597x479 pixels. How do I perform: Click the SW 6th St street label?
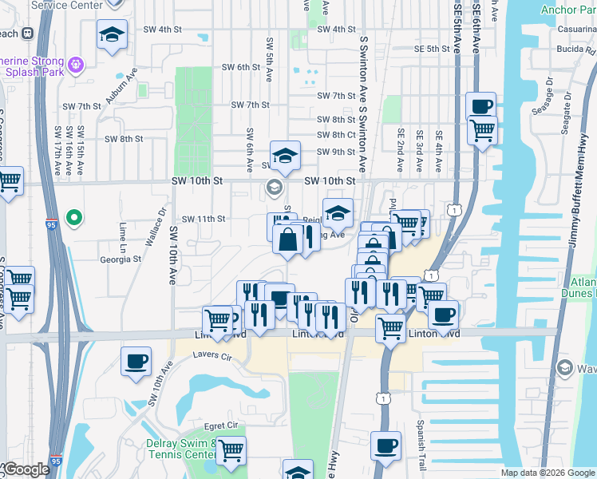click(x=232, y=67)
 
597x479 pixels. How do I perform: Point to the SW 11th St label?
click(x=204, y=219)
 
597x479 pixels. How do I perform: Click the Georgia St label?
click(x=120, y=259)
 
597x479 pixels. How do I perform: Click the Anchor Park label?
click(x=569, y=10)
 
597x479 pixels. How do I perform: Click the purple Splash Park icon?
click(x=76, y=63)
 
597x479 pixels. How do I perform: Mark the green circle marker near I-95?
click(x=75, y=216)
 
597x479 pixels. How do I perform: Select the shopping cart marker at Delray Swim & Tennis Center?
click(x=231, y=449)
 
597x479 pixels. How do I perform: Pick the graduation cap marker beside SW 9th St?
click(x=285, y=155)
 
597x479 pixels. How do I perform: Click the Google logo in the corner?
click(x=26, y=469)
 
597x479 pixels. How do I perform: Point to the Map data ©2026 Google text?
click(x=548, y=473)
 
